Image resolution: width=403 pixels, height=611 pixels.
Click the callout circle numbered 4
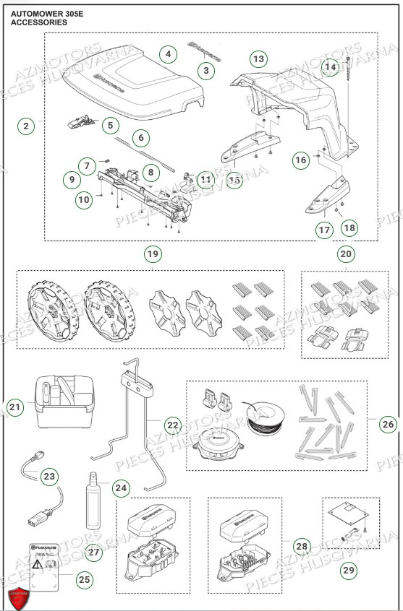click(168, 54)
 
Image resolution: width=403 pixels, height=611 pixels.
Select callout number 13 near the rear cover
click(258, 58)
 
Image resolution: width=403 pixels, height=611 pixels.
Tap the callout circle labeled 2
click(27, 126)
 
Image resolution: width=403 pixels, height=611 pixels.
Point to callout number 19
click(152, 253)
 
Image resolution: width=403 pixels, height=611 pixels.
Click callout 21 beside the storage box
click(15, 407)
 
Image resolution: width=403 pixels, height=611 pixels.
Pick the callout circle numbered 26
click(388, 424)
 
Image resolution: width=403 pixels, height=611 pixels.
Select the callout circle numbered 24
click(121, 489)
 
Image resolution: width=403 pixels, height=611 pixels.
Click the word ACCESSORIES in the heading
click(39, 22)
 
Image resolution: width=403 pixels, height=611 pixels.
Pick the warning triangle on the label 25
click(35, 562)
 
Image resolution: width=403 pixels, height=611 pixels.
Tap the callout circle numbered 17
click(323, 230)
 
